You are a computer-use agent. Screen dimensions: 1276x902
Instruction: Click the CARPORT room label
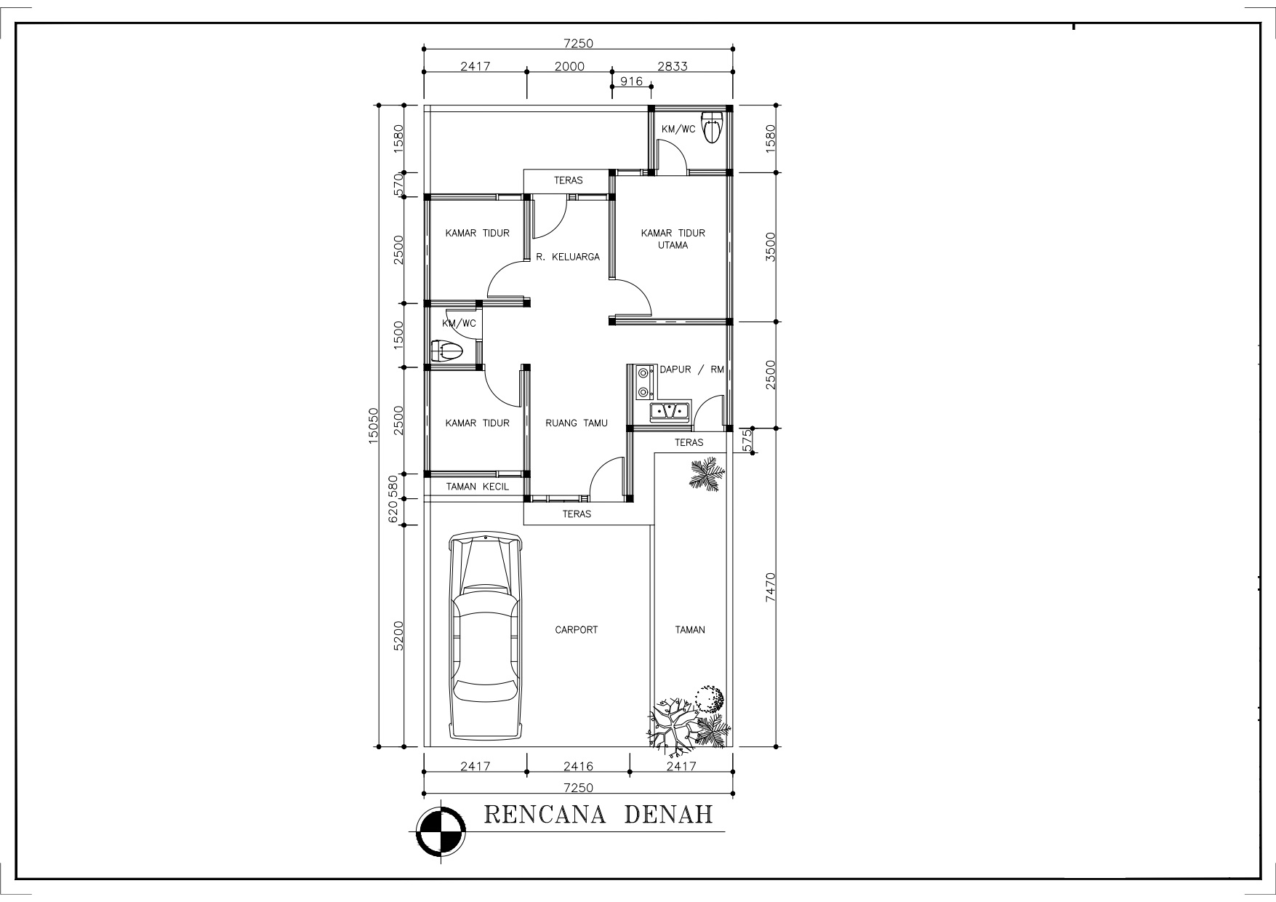click(576, 630)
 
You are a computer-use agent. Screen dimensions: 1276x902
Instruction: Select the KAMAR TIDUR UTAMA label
click(673, 239)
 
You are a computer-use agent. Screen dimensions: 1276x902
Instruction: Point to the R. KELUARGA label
click(568, 257)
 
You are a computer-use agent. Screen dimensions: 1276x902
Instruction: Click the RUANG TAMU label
click(576, 423)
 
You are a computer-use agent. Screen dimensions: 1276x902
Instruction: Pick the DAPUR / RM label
click(691, 370)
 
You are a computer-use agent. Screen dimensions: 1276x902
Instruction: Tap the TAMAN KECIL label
click(478, 487)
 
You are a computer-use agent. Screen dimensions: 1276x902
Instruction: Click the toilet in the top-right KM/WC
click(712, 129)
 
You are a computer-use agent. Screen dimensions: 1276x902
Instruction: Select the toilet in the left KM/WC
click(447, 351)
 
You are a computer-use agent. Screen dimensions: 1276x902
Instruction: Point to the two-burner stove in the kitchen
click(643, 383)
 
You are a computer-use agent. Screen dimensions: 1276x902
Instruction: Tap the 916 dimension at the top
click(631, 81)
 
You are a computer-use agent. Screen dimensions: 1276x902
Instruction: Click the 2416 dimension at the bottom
click(579, 766)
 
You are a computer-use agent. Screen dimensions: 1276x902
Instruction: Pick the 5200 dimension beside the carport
click(398, 637)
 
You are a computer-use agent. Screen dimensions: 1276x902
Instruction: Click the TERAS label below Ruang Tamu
click(577, 514)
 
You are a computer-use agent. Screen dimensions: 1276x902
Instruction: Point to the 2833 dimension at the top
click(673, 66)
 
